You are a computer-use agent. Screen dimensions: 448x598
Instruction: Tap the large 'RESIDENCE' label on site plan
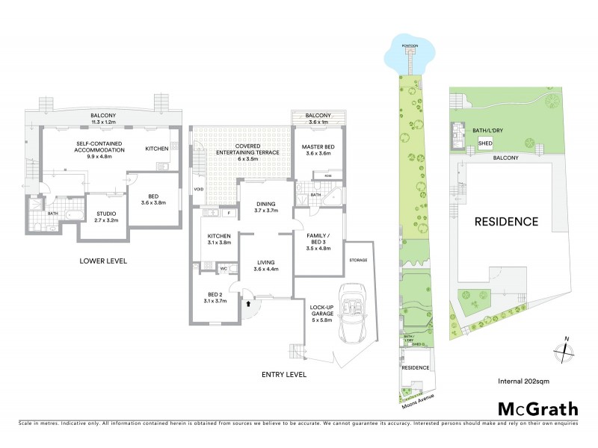(506, 222)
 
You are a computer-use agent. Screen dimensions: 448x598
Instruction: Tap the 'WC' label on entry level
(223, 269)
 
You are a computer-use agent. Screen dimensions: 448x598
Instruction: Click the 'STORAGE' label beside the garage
(357, 261)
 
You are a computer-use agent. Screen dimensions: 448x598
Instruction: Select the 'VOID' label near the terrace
(198, 189)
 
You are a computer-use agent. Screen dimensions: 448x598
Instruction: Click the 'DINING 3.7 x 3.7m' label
(265, 207)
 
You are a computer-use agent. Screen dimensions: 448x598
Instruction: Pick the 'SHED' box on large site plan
(484, 143)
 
